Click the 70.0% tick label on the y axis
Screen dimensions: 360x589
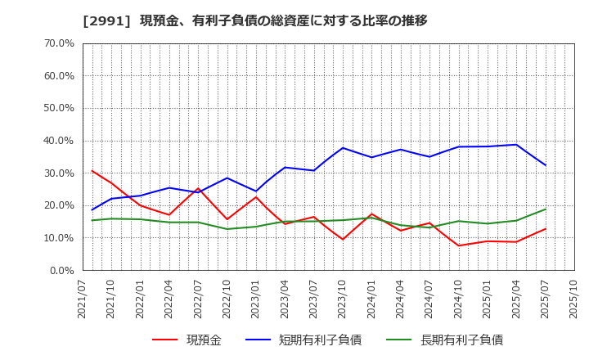(x=56, y=43)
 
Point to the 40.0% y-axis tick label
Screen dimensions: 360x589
(x=56, y=141)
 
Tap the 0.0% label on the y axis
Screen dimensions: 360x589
(x=60, y=270)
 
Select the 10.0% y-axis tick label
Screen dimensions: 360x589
(x=56, y=238)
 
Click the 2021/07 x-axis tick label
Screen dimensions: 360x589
(x=83, y=299)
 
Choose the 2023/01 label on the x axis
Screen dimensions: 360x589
(x=256, y=299)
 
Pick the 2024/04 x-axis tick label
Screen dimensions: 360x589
(x=401, y=299)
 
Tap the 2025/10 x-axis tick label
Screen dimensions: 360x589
(x=573, y=299)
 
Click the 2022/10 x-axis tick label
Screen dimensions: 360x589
(x=227, y=299)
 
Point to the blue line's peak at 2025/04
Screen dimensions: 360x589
(x=516, y=145)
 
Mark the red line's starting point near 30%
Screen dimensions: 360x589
(x=92, y=171)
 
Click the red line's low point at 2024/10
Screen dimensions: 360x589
(x=458, y=245)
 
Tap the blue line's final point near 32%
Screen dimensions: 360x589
(x=545, y=165)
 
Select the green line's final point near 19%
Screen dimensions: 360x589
(x=545, y=209)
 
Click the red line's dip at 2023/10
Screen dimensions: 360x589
(x=343, y=239)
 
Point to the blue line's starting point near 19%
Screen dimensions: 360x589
(x=92, y=209)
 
